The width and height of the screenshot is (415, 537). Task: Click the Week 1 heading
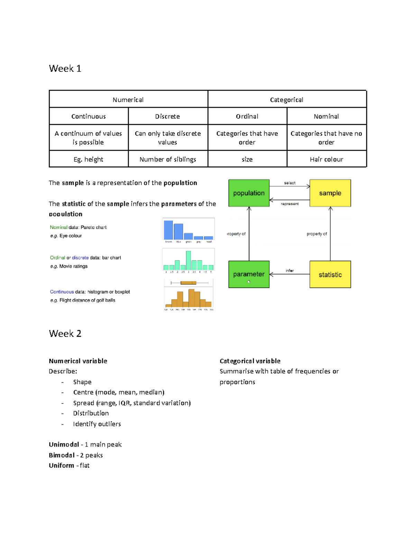(65, 68)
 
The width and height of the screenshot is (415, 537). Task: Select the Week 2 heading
(65, 334)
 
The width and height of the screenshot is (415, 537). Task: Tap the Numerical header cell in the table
(128, 100)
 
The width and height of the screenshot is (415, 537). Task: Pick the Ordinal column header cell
(247, 117)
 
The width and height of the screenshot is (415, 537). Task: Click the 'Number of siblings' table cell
(168, 159)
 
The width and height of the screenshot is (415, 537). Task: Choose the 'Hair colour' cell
(326, 159)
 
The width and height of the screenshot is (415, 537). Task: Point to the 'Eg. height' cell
(89, 159)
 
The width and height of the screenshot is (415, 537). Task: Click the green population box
(249, 193)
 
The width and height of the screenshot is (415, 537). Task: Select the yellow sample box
(330, 193)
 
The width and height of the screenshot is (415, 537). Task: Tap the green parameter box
(249, 274)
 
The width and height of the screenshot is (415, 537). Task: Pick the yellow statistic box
(330, 275)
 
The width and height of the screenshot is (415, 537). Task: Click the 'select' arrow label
(290, 183)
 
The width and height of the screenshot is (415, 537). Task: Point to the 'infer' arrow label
(290, 271)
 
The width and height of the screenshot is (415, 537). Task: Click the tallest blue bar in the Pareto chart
(168, 230)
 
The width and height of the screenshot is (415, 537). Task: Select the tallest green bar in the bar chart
(188, 260)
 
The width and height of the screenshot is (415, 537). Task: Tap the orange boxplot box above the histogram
(188, 283)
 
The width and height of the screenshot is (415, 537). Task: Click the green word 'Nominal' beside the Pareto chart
(58, 228)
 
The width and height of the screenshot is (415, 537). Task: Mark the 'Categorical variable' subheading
(250, 361)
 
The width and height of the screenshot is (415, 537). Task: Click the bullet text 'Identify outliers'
(97, 424)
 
